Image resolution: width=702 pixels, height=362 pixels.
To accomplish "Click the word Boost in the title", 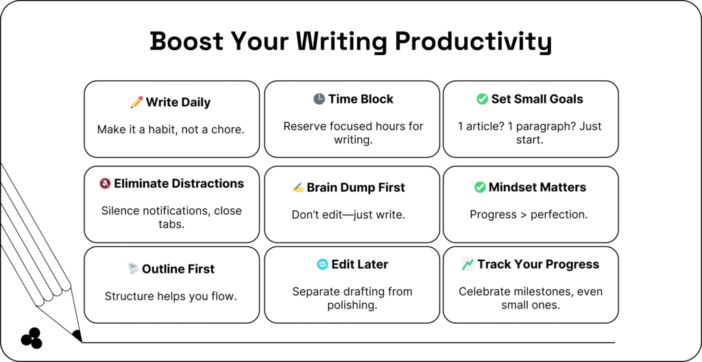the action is coord(186,40).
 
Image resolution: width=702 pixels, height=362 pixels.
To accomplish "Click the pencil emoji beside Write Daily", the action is coord(136,102).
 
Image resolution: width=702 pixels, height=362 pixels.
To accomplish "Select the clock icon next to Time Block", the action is coord(319,99).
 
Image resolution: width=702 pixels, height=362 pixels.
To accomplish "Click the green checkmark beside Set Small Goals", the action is coord(482,99).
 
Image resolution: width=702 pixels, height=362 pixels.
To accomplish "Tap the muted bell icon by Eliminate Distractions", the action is coord(105,183).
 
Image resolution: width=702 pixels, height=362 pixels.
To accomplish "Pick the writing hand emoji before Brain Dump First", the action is coord(298,187).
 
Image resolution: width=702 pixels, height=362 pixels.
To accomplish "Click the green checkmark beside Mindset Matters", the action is coord(480,187).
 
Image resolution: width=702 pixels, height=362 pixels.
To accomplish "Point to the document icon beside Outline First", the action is coord(132,269).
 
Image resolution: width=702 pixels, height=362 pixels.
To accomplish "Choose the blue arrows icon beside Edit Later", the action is coord(322,265).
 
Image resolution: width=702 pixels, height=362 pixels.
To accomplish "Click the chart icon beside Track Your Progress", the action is coord(468,265).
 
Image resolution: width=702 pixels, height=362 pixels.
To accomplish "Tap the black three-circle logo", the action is coord(32,338).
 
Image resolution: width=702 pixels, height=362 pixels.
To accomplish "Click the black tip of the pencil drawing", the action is coord(77,335).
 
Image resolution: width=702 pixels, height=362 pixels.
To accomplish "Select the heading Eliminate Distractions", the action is coord(179,183).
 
